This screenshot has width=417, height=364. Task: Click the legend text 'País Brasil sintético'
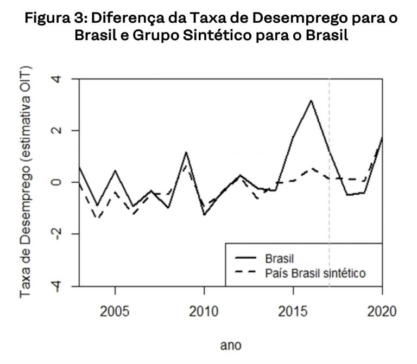tap(315, 272)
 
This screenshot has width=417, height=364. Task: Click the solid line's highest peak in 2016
tap(311, 100)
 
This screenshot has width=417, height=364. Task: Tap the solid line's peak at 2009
tap(186, 152)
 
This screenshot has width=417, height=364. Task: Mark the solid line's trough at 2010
tap(204, 215)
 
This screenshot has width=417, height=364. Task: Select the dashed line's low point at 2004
tap(97, 218)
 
